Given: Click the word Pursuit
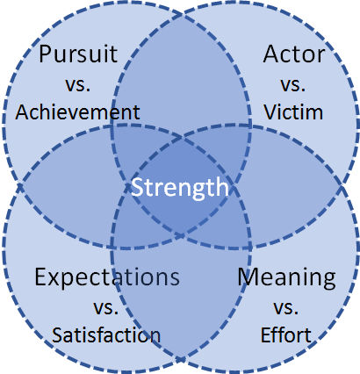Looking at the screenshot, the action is tap(78, 54).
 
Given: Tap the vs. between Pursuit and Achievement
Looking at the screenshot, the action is tap(78, 84).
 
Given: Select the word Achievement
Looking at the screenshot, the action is tap(77, 111).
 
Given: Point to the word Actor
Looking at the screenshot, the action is tap(294, 54).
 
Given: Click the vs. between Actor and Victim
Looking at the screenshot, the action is tap(293, 84).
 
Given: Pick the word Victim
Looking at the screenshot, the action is tap(293, 111).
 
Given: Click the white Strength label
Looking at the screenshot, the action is tap(180, 188).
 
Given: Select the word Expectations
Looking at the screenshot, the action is tap(107, 277).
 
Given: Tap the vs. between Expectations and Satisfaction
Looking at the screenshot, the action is tap(106, 307).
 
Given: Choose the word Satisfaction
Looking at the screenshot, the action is tap(106, 334).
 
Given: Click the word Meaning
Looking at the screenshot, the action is tap(286, 277).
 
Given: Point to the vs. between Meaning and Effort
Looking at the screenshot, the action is tap(286, 307).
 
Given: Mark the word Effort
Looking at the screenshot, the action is tap(286, 334).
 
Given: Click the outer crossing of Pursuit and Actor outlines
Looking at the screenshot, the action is tap(181, 14).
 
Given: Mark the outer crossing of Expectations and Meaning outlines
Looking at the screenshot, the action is tap(181, 359).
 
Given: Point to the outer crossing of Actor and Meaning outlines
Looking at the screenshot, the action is tap(342, 186).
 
